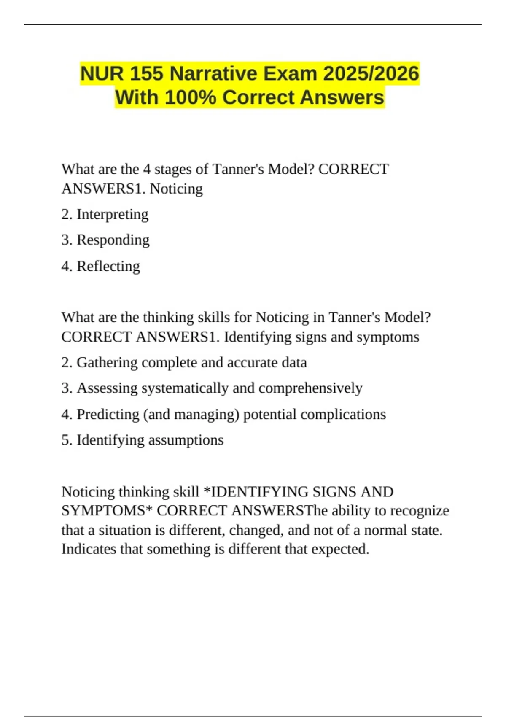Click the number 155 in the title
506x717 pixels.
[146, 74]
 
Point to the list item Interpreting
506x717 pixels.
[112, 215]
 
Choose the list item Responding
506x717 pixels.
[113, 240]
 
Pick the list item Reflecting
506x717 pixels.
[108, 266]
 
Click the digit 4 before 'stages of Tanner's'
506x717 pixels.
[147, 169]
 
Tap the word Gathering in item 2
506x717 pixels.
[107, 363]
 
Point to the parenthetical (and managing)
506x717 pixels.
[191, 415]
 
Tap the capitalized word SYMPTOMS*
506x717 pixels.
[107, 511]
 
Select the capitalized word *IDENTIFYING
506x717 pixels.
[256, 492]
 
